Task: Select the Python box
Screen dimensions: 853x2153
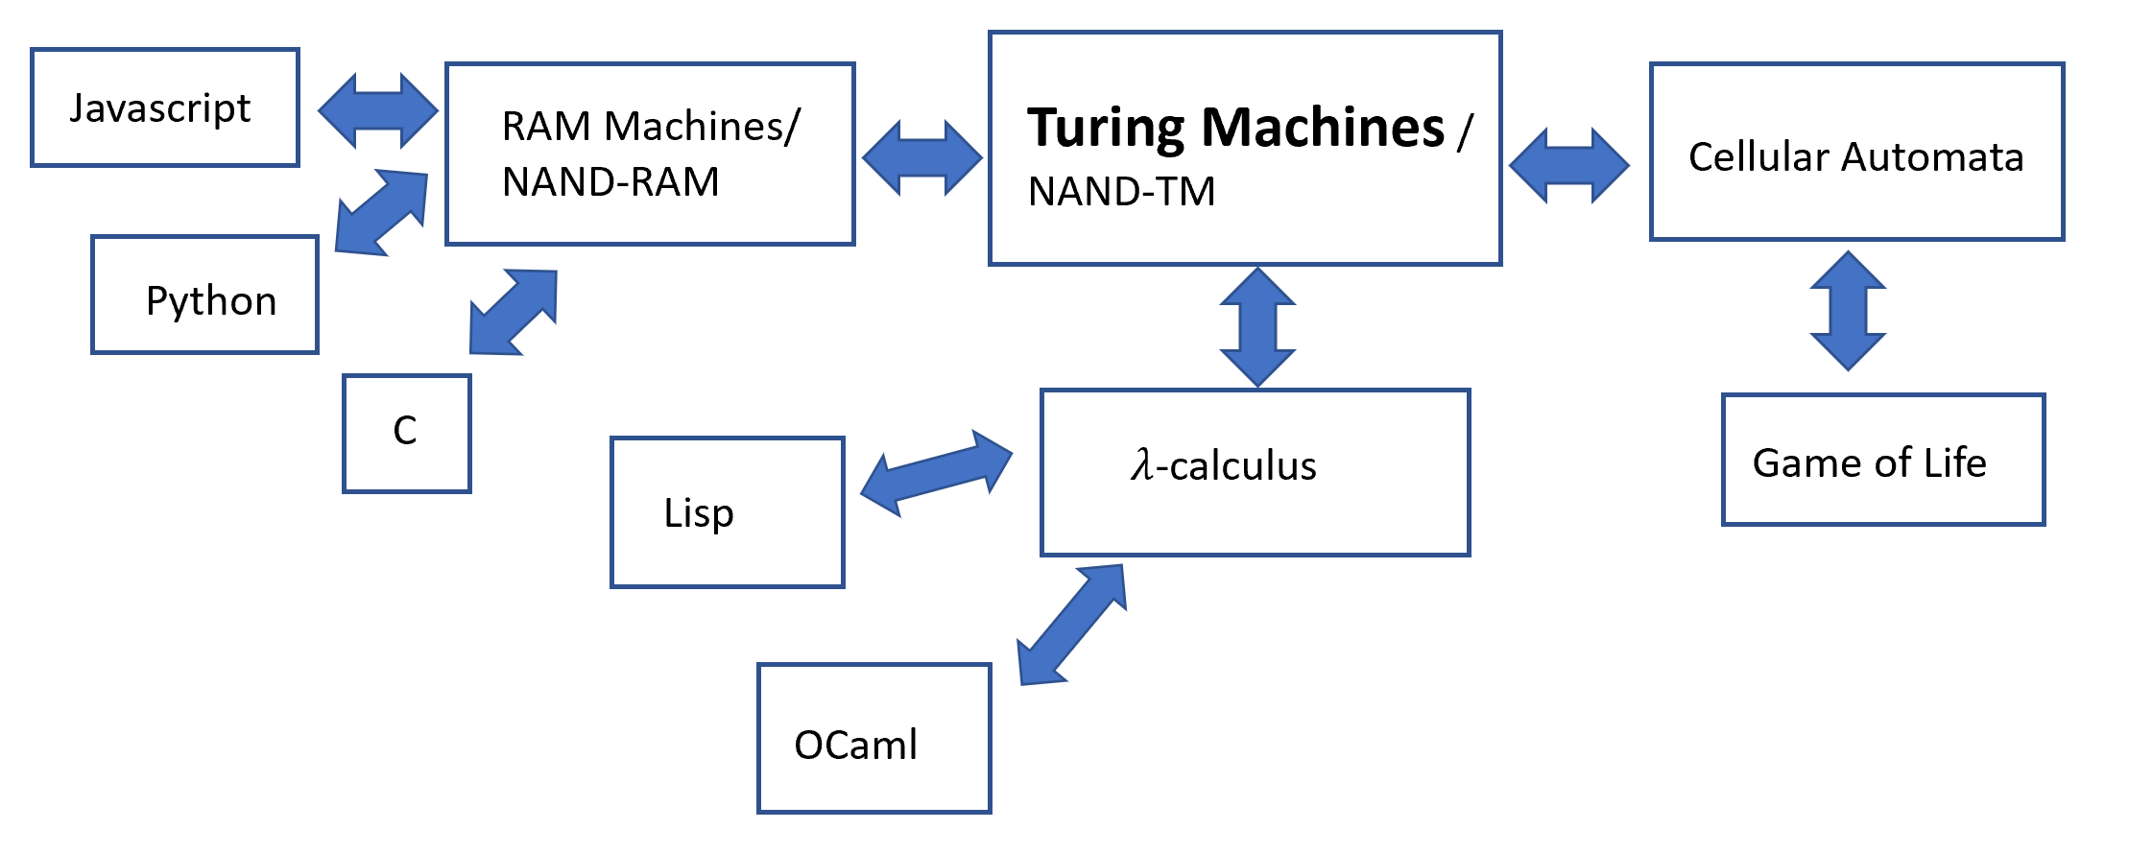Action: (x=204, y=296)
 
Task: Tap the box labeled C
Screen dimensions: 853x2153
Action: (x=407, y=434)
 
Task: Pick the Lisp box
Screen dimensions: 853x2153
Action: (x=728, y=512)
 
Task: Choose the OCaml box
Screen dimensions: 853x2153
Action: (x=873, y=739)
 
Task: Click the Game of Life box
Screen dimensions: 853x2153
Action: (x=1883, y=460)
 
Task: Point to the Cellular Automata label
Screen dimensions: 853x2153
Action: (x=1855, y=156)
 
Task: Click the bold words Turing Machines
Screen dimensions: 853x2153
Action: (x=1235, y=128)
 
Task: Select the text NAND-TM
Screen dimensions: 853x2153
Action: (x=1121, y=192)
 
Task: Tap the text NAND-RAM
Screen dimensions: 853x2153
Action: (x=610, y=182)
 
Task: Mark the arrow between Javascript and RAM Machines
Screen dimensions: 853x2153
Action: (x=378, y=111)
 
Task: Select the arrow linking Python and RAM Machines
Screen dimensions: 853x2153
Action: (x=381, y=212)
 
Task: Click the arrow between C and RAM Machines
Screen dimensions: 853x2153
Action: (x=513, y=312)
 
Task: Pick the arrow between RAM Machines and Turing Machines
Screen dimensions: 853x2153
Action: (x=922, y=158)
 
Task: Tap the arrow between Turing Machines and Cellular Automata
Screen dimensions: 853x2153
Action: (x=1569, y=165)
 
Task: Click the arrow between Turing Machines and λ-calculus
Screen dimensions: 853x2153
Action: (x=1257, y=327)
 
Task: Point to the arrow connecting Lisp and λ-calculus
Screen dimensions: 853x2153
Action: (x=936, y=472)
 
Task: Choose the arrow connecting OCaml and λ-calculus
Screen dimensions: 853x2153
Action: (x=1071, y=624)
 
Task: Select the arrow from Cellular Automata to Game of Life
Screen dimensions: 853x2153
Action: (x=1848, y=311)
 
